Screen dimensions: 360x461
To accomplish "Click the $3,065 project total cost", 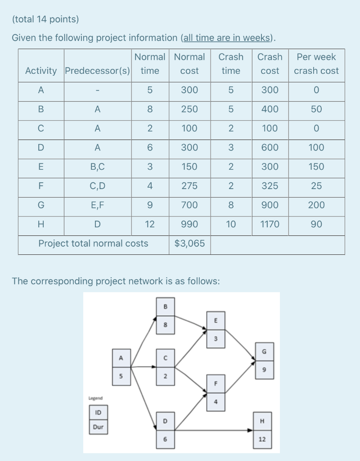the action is click(189, 244).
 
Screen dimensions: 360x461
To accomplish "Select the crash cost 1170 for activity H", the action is click(270, 224).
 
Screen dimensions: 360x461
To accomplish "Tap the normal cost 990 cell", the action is click(189, 224).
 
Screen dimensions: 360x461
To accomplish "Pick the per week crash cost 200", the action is click(316, 205).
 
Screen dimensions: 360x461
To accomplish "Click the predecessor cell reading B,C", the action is click(98, 167).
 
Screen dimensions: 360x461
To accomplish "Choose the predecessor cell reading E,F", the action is click(98, 205).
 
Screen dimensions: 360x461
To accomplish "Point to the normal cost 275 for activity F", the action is click(189, 186).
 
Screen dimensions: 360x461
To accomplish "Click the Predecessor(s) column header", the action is click(98, 71).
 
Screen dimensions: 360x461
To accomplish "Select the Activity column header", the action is click(41, 71).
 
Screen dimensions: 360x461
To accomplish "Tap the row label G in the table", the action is click(41, 205).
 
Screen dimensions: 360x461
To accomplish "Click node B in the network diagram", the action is click(165, 307).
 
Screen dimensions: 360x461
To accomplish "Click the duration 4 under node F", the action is click(216, 402).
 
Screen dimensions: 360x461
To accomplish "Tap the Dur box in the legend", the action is click(98, 426).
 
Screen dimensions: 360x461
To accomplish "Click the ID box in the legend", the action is click(98, 412).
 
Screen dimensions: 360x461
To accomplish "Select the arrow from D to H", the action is click(211, 430).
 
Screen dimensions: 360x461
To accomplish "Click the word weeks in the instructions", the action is click(258, 38).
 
